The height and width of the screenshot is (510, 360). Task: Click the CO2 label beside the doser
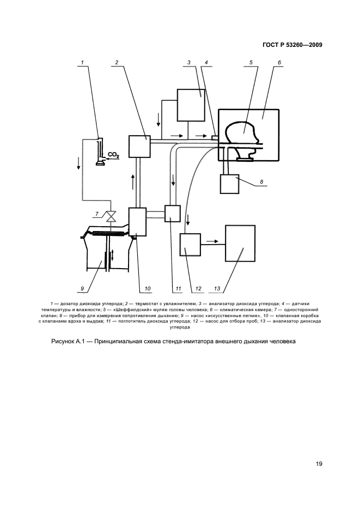tap(114, 155)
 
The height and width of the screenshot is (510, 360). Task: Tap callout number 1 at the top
tap(82, 63)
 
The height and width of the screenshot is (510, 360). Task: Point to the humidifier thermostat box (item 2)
tap(139, 146)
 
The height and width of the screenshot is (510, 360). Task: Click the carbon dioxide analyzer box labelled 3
tap(190, 104)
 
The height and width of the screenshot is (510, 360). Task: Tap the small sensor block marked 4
tap(215, 136)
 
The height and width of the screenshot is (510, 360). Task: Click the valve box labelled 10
tap(137, 222)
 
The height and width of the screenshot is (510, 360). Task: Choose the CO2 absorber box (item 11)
tap(172, 213)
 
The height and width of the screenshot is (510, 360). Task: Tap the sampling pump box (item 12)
tap(190, 245)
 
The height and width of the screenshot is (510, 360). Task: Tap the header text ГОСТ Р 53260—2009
tap(290, 45)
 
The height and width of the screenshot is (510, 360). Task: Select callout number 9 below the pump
tap(82, 288)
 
